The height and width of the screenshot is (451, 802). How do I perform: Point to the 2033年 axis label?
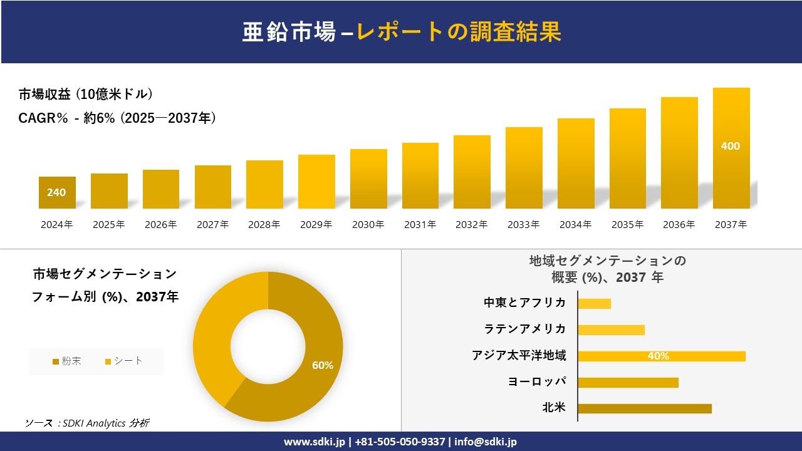[523, 224]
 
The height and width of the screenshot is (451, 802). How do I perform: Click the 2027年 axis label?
[212, 224]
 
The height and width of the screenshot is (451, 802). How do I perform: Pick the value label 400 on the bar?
[731, 146]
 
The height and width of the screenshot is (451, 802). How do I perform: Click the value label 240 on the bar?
[56, 192]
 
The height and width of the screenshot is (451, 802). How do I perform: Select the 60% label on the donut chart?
[323, 365]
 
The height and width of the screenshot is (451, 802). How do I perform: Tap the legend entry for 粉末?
[67, 361]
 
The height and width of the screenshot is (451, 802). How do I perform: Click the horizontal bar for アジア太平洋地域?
[661, 356]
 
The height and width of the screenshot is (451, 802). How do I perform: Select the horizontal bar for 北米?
[644, 408]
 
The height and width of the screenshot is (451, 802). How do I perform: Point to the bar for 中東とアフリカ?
[594, 303]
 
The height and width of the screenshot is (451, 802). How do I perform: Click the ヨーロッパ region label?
[537, 381]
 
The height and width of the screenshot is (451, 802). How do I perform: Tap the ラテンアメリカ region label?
[524, 329]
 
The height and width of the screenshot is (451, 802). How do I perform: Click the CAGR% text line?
[117, 118]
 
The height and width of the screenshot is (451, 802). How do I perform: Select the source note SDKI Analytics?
[87, 423]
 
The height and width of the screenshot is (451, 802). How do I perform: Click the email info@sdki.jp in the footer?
[486, 442]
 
